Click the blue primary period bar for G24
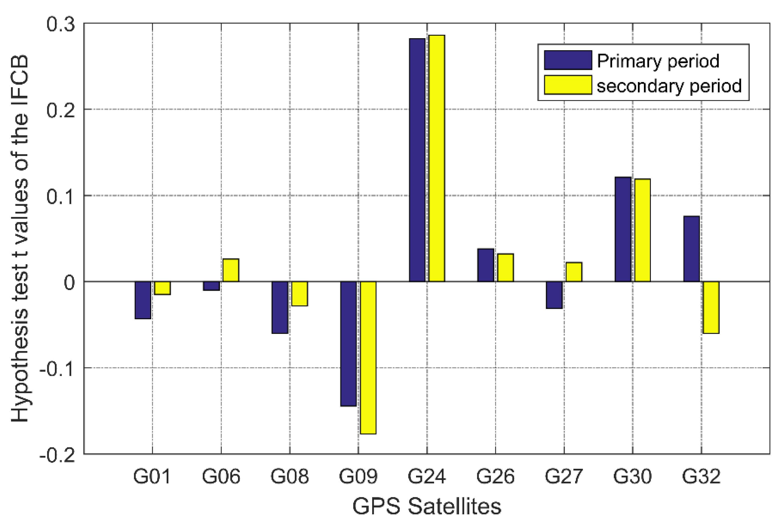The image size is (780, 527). pyautogui.click(x=417, y=160)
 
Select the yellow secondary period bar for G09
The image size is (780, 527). pyautogui.click(x=368, y=357)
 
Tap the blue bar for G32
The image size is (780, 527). pyautogui.click(x=691, y=249)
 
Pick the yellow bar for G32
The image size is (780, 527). pyautogui.click(x=711, y=307)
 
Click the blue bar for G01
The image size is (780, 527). pyautogui.click(x=143, y=300)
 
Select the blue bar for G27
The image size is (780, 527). pyautogui.click(x=554, y=295)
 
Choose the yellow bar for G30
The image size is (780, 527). pyautogui.click(x=642, y=230)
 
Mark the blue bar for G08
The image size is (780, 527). pyautogui.click(x=280, y=307)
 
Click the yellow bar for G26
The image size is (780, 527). pyautogui.click(x=505, y=267)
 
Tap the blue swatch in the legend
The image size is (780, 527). pyautogui.click(x=568, y=60)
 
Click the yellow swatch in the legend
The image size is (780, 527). pyautogui.click(x=568, y=85)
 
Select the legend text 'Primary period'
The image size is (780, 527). pyautogui.click(x=658, y=61)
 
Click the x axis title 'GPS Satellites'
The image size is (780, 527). pyautogui.click(x=426, y=506)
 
